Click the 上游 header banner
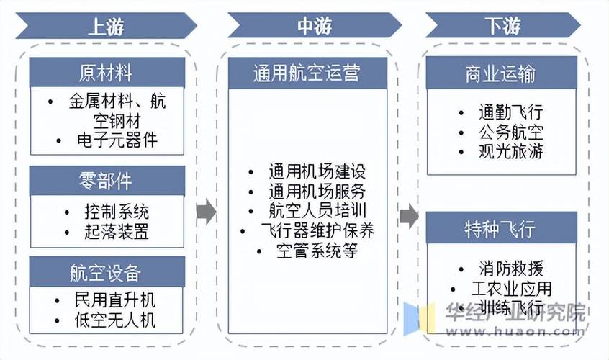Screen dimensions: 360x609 (x=107, y=27)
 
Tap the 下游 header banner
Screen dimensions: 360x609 (x=502, y=27)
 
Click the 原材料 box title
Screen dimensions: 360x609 (x=107, y=73)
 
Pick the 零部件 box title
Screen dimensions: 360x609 (x=107, y=181)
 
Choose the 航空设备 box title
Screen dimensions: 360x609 (x=107, y=273)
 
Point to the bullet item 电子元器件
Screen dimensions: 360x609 (x=116, y=140)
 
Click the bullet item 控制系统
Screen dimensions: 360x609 (x=116, y=212)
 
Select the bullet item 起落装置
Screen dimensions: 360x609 (x=116, y=232)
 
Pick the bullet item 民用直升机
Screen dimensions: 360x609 (x=116, y=300)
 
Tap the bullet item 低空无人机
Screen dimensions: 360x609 (x=116, y=320)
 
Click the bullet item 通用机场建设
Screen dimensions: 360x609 (x=317, y=172)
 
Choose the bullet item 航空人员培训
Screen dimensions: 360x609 (x=317, y=211)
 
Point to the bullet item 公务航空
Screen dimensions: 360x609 (x=510, y=132)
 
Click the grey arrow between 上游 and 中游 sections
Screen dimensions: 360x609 (x=207, y=210)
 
